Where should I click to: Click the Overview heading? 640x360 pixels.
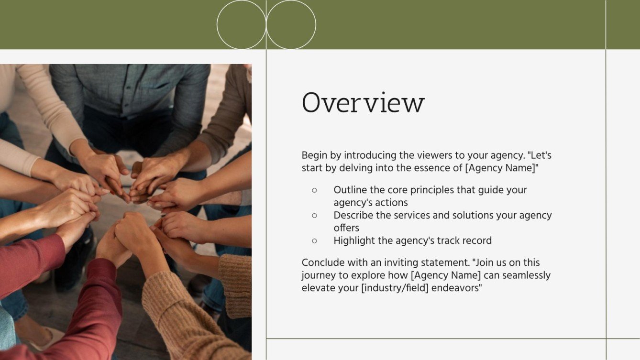tap(363, 103)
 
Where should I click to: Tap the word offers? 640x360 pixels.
tap(346, 228)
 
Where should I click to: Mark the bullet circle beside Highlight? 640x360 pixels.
tap(314, 241)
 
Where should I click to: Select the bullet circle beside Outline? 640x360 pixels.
tap(314, 190)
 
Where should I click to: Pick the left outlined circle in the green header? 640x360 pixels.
tap(241, 24)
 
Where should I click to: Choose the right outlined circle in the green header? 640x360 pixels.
tap(291, 24)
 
